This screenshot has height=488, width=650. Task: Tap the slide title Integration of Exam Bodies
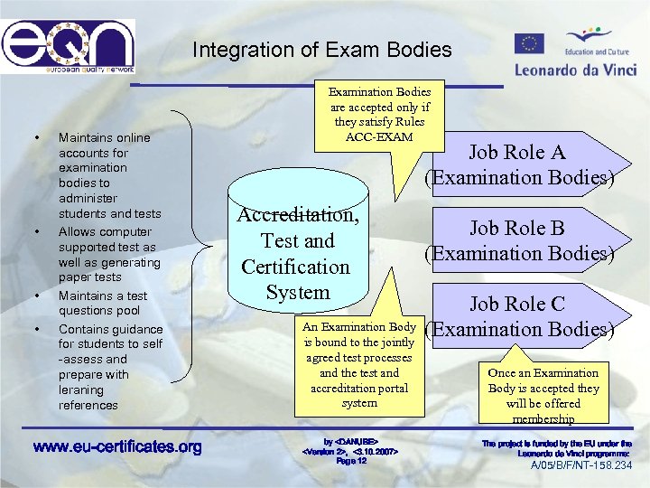[321, 49]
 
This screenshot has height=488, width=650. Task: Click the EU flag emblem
[529, 43]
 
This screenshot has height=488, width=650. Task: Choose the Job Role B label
[516, 229]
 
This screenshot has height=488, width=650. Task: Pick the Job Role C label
[516, 305]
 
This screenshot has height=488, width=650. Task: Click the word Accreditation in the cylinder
[298, 215]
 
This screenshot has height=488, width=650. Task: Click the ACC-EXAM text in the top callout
[379, 136]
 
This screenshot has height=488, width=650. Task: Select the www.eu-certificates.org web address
[117, 446]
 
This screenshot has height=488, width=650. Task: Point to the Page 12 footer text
[351, 460]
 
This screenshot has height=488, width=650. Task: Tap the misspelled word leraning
[81, 389]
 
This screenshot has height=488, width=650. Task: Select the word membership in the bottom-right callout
[543, 419]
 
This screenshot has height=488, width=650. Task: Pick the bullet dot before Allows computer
[37, 232]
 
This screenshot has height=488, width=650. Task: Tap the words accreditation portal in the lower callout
[359, 388]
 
